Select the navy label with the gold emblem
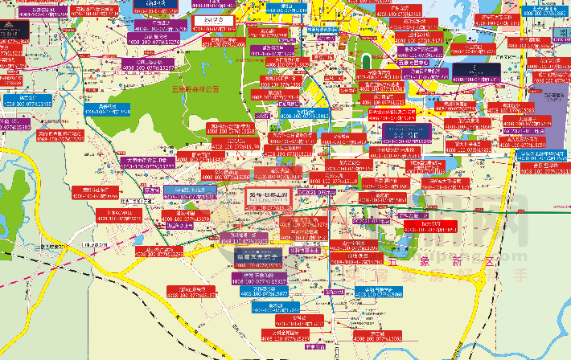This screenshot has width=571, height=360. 14,30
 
